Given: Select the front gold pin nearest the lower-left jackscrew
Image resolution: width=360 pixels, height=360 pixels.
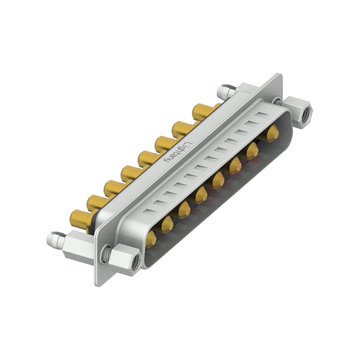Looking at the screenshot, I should (x=151, y=238).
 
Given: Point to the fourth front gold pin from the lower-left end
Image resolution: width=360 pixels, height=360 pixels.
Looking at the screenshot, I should (x=200, y=195).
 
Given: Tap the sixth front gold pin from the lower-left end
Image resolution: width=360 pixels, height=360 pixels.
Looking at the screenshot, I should (x=234, y=166).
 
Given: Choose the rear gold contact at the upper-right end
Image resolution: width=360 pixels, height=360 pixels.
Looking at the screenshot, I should (x=202, y=112).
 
